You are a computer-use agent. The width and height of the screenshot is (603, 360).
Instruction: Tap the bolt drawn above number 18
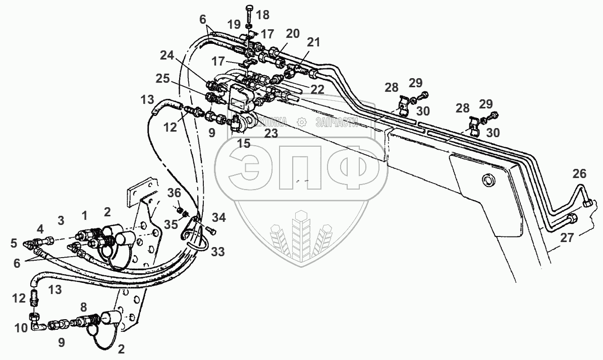[250, 12]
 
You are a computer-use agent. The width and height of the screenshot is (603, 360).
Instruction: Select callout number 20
[293, 34]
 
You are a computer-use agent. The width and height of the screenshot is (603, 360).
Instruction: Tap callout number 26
[579, 174]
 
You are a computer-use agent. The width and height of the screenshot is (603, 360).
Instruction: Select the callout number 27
[567, 237]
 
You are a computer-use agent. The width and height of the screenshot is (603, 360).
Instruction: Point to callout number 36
[174, 193]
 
